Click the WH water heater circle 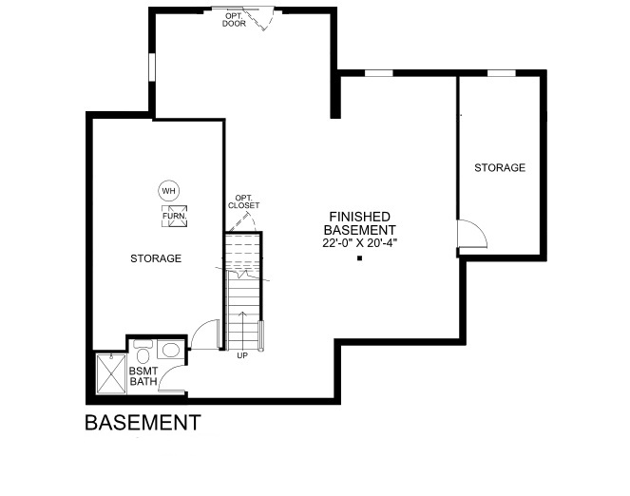pyautogui.click(x=169, y=191)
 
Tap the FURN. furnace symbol pyautogui.click(x=175, y=216)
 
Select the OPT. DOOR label pyautogui.click(x=234, y=20)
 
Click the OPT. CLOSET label pyautogui.click(x=243, y=201)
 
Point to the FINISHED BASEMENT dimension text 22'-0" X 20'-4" pyautogui.click(x=359, y=243)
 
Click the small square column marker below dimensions pyautogui.click(x=359, y=258)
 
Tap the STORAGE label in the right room pyautogui.click(x=500, y=167)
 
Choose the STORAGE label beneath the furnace pyautogui.click(x=156, y=258)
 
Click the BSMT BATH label pyautogui.click(x=143, y=376)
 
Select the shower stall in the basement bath pyautogui.click(x=111, y=373)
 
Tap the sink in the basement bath pyautogui.click(x=170, y=350)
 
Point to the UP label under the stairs pyautogui.click(x=242, y=355)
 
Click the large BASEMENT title pyautogui.click(x=143, y=423)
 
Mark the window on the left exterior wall pyautogui.click(x=151, y=67)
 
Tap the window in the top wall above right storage pyautogui.click(x=502, y=73)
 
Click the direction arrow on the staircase pyautogui.click(x=242, y=331)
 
